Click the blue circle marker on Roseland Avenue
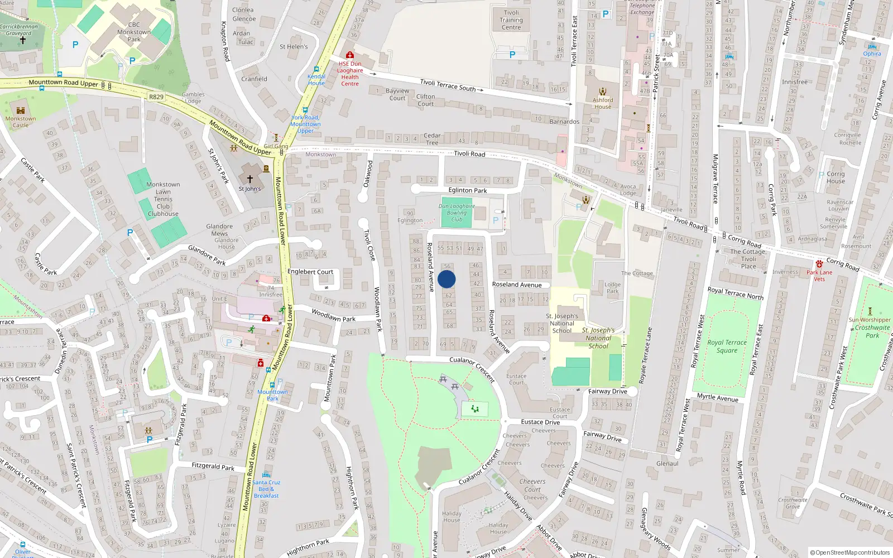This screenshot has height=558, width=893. point(446,279)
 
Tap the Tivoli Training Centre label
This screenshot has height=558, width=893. point(511,20)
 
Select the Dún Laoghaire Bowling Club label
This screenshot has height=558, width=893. point(457,213)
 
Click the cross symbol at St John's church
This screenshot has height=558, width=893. point(249,179)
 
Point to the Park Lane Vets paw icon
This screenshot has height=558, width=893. point(819,264)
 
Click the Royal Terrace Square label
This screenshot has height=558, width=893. point(727,347)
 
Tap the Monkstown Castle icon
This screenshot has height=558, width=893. point(21,110)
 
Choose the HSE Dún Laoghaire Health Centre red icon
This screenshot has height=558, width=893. point(350,55)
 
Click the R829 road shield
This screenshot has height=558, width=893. point(156,97)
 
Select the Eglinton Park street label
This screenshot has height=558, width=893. point(468,190)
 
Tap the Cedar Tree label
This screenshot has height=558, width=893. point(432,139)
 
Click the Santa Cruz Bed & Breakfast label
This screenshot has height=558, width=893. point(266,489)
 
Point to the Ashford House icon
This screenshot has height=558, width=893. point(603,92)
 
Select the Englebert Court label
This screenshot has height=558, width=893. point(310,272)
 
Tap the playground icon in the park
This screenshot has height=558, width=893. point(475,409)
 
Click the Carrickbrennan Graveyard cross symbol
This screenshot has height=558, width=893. point(23,40)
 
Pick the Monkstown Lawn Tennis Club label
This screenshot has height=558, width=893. point(163,199)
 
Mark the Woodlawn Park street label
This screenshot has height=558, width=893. point(333,316)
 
